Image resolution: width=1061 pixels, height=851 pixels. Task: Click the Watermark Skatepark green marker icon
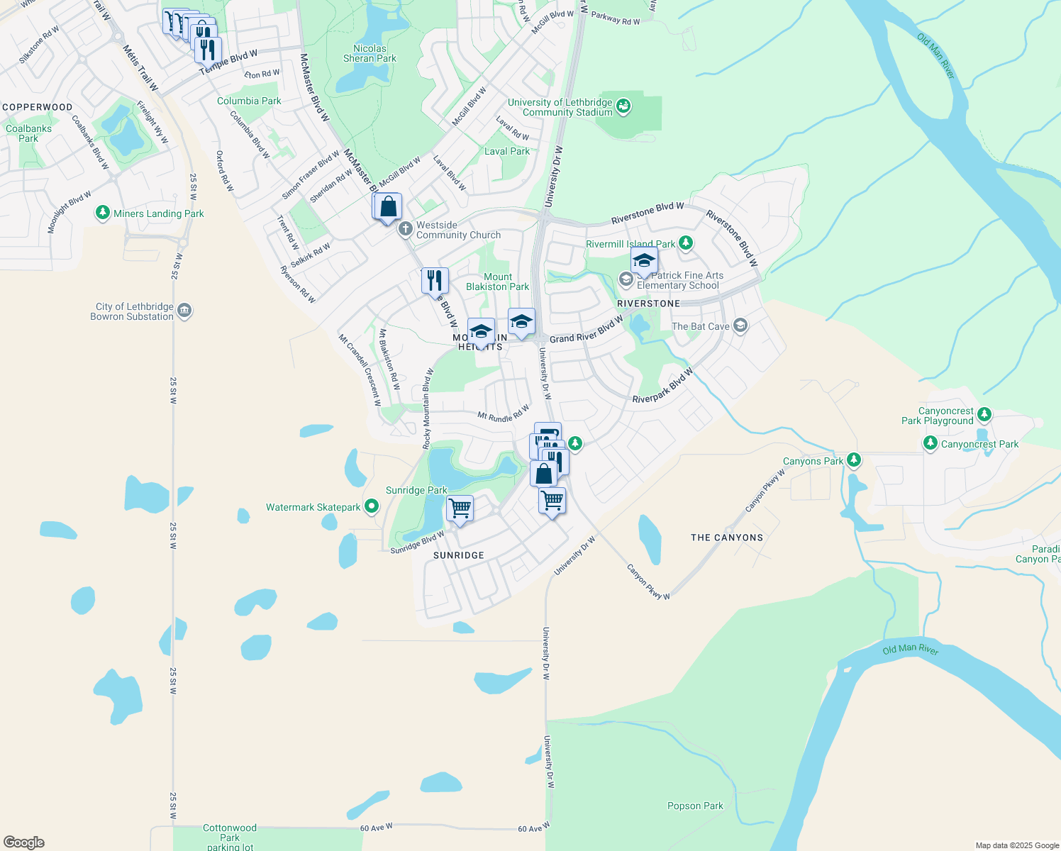[x=372, y=506]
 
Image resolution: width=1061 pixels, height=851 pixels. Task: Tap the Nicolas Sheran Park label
[x=370, y=54]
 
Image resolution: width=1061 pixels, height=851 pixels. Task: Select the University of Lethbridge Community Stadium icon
[x=623, y=106]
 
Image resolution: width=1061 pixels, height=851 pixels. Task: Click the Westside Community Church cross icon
[x=405, y=228]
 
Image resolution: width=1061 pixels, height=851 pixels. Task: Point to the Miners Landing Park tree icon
[x=103, y=213]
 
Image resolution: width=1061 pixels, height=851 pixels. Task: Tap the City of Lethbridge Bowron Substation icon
[x=184, y=311]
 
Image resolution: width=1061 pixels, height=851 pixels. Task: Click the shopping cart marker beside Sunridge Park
[x=460, y=508]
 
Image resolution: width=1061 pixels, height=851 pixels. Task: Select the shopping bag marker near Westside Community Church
[x=389, y=207]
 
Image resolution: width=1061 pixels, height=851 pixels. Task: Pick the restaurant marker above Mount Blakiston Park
[x=435, y=280]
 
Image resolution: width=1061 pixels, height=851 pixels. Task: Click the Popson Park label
[x=695, y=806]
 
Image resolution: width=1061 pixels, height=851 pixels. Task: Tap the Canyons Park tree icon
[x=854, y=460]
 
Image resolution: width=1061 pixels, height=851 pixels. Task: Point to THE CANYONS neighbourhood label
[x=727, y=538]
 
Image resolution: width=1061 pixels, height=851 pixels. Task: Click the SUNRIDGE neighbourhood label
[x=459, y=555]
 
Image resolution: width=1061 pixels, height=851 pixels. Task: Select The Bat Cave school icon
[x=740, y=326]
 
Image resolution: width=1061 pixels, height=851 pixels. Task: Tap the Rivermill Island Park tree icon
[x=685, y=243]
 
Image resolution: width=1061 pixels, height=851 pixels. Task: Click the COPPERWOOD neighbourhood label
[x=38, y=107]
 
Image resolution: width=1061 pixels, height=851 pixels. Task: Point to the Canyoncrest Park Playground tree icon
[x=984, y=414]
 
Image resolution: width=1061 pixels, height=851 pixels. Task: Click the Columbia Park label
[x=249, y=101]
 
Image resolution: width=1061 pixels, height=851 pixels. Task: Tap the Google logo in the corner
[x=24, y=842]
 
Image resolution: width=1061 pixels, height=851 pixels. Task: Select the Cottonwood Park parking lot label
[x=230, y=837]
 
